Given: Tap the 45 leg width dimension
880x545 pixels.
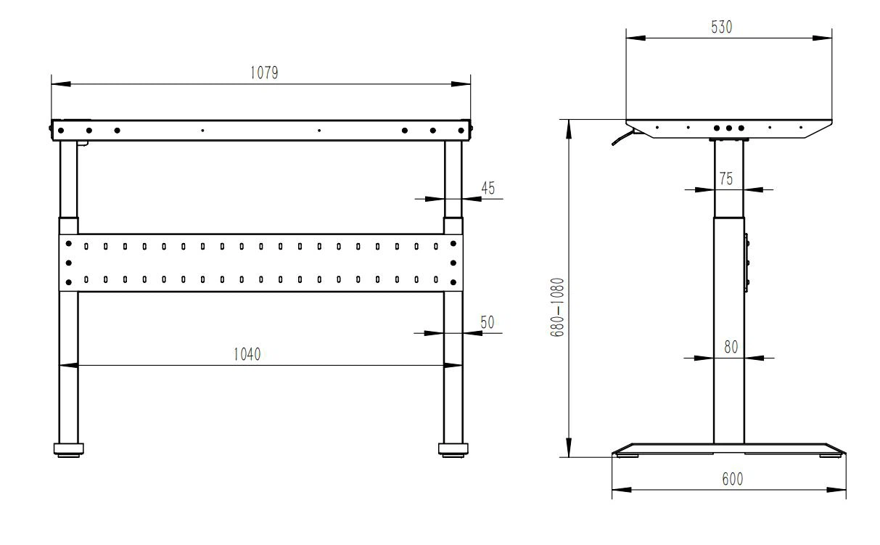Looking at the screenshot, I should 488,189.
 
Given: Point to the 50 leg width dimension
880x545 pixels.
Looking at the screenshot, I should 487,323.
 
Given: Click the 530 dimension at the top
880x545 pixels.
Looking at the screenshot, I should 723,27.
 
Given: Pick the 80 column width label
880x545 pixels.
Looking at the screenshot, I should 730,348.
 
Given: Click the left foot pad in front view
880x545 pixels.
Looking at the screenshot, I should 68,450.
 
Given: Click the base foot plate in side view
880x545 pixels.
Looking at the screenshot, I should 728,449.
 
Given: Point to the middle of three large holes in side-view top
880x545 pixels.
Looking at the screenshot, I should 729,128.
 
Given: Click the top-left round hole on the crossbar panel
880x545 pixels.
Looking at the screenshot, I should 68,244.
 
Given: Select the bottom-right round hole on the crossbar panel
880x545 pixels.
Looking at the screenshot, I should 453,282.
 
